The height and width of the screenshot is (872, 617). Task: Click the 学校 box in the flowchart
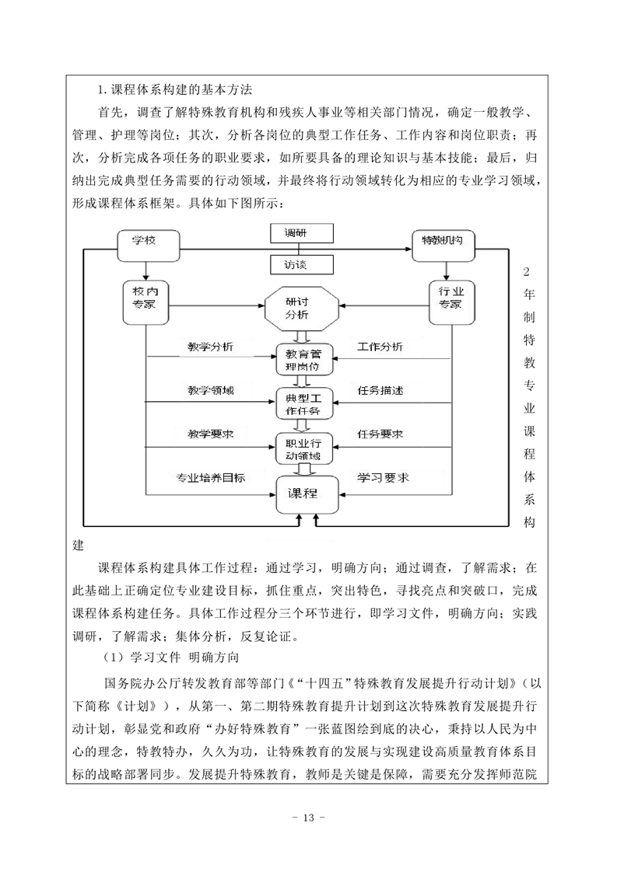148,246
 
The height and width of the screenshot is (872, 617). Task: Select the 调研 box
301,234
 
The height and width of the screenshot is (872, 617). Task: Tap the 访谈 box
301,265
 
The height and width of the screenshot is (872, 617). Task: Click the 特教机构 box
443,246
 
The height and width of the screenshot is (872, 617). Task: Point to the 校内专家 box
145,302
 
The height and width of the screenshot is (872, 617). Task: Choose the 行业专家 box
451,302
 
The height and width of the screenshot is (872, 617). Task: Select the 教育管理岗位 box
303,359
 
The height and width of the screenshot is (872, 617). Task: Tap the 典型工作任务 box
303,404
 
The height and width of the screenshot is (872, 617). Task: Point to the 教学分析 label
211,347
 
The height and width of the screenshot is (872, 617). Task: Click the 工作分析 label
380,347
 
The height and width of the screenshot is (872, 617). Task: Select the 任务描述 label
380,390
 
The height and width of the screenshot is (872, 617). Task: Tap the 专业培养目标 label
211,478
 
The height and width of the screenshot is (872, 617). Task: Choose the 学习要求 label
383,478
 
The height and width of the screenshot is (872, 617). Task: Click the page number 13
308,818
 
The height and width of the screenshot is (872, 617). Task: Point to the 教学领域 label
211,390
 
